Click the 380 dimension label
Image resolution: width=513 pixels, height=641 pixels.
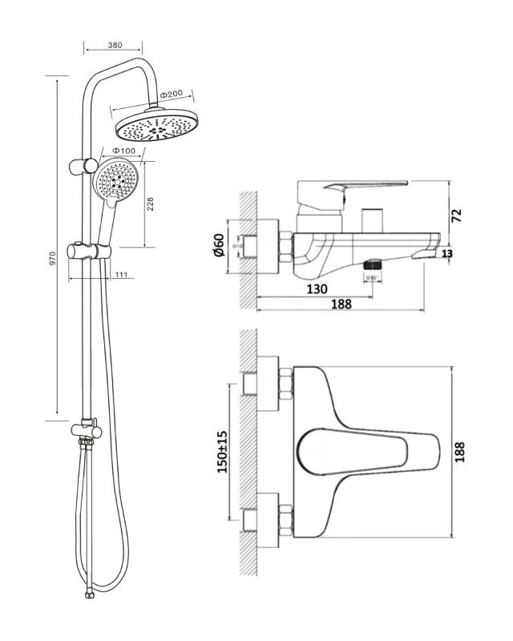click(114, 46)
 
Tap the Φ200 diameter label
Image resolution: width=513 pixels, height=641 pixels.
click(173, 95)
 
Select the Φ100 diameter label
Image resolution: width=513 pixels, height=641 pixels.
click(123, 151)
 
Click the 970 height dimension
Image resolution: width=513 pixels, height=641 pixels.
click(52, 258)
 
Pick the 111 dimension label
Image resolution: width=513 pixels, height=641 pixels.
click(121, 275)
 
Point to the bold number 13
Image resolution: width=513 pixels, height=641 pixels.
click(446, 254)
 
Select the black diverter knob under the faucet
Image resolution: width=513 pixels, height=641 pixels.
click(372, 263)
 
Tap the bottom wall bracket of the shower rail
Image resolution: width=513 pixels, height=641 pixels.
click(87, 429)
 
